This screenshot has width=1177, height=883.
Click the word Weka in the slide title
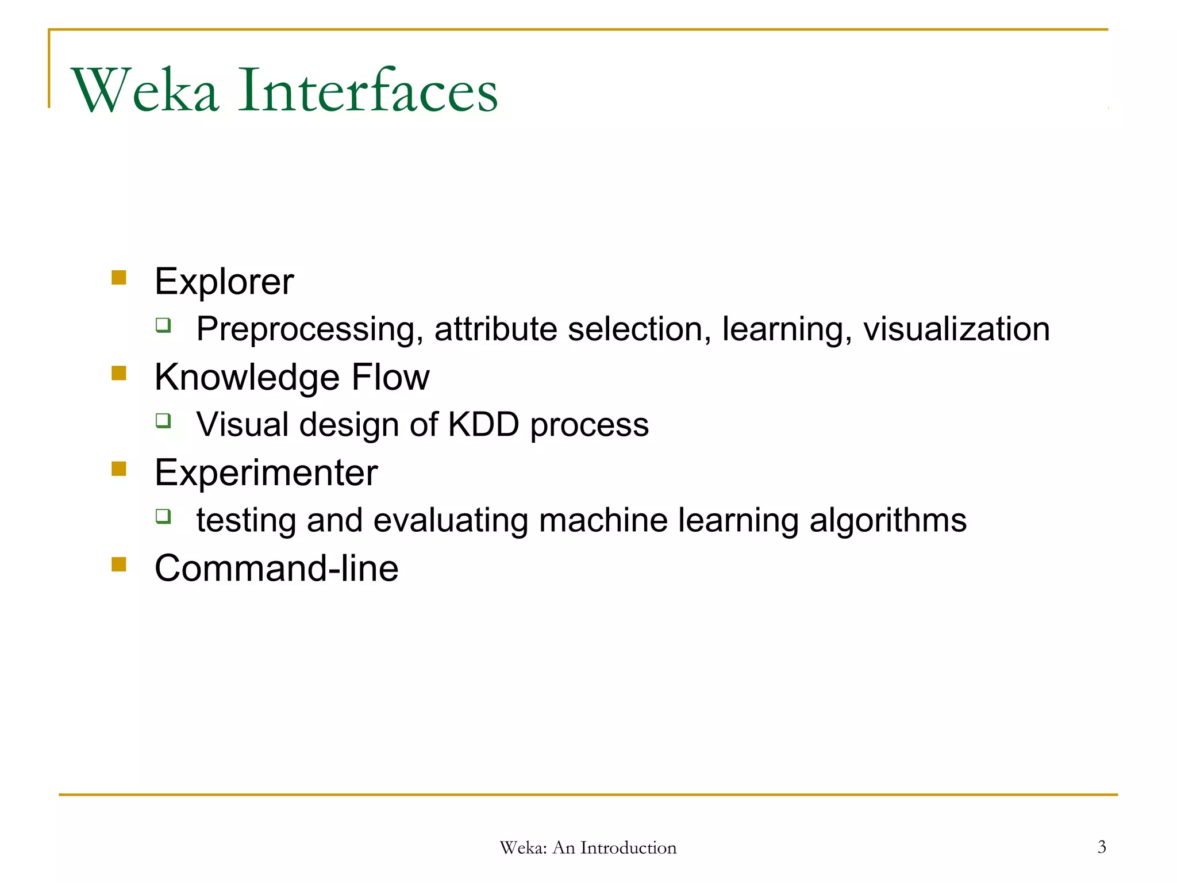pos(145,91)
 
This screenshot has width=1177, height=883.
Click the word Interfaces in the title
pos(368,91)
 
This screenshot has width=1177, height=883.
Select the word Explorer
pos(224,282)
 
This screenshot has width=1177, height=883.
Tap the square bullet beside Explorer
pos(119,278)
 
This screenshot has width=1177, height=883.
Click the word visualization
pos(956,329)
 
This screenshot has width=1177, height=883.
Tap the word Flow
pos(390,378)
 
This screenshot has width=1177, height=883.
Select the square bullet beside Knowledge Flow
pos(119,374)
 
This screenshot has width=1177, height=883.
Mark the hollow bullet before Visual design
pos(163,421)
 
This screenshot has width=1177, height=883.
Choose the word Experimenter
pos(266,473)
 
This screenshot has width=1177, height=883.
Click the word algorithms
pos(888,520)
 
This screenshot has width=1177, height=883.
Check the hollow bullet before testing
pos(163,516)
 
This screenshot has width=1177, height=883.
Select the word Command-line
pos(276,569)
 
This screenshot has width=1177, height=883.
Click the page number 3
pos(1102,847)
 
